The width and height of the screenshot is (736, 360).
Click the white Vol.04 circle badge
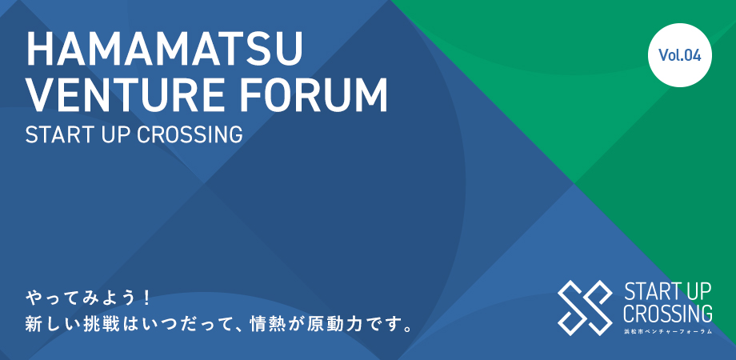point(680,55)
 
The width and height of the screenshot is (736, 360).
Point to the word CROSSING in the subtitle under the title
point(190,134)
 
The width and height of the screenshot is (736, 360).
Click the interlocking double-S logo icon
point(585,307)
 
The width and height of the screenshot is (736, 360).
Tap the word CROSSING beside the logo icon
point(667,313)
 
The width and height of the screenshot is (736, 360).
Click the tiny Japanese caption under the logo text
point(667,331)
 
